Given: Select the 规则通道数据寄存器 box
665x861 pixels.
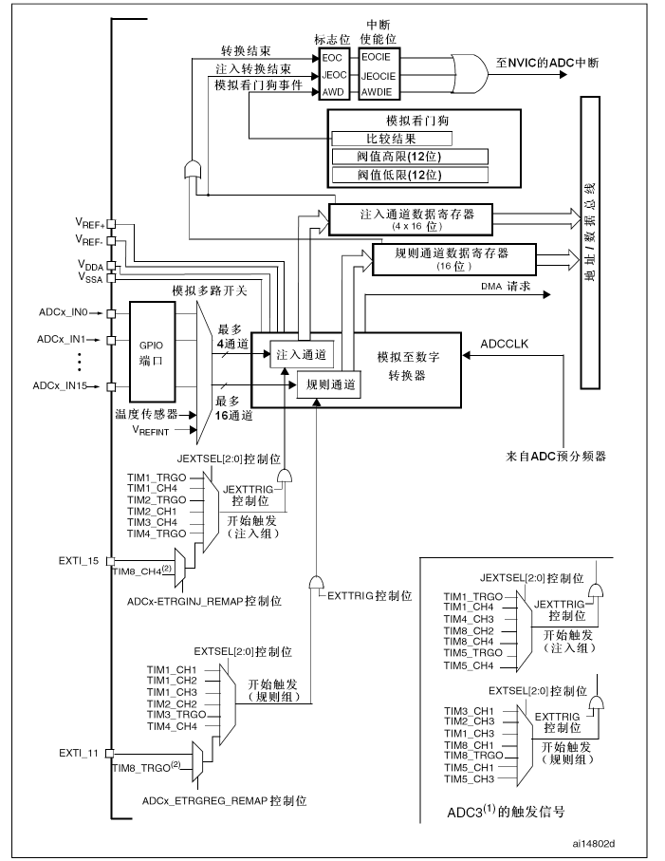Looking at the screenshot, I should click(453, 258).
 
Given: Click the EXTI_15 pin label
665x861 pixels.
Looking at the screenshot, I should click(78, 561).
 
